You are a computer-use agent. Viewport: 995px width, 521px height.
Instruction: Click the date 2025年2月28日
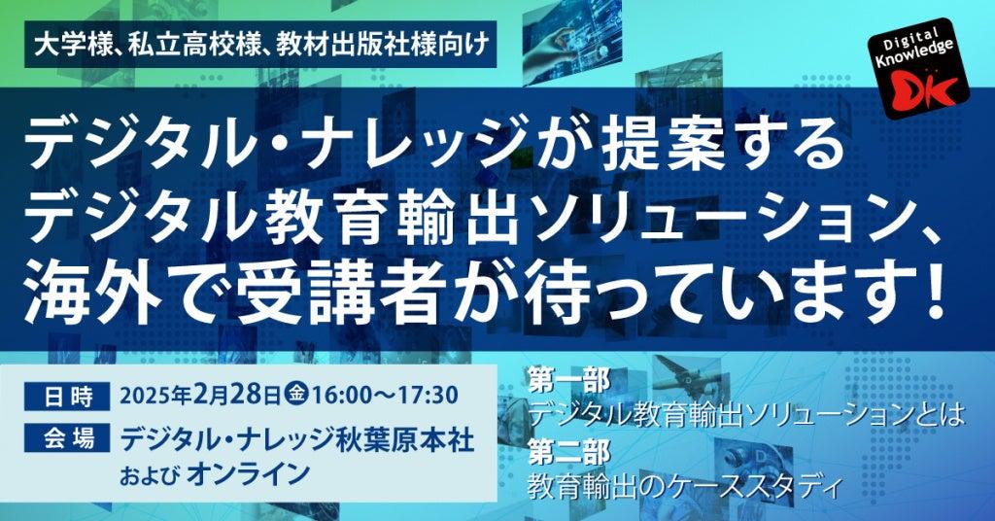[200, 396]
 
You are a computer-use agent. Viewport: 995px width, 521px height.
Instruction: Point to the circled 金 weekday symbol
[296, 395]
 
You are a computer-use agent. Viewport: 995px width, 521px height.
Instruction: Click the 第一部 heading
[568, 381]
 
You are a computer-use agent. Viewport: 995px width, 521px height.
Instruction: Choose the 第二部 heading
[568, 452]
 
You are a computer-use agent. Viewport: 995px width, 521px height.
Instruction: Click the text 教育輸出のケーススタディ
[685, 487]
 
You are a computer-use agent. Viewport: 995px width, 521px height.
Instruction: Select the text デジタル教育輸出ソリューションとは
[746, 416]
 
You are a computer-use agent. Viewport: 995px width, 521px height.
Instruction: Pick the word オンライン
[250, 474]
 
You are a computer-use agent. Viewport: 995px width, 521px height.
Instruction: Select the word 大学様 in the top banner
[72, 45]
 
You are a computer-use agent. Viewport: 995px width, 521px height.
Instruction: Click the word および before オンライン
[149, 475]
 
